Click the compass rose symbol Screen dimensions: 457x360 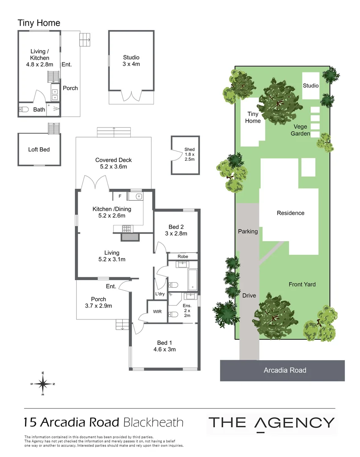43,384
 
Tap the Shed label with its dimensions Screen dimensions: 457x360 189,154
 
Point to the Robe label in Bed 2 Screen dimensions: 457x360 183,256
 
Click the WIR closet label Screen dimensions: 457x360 157,311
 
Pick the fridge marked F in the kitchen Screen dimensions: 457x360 120,196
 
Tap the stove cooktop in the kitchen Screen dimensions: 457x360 127,229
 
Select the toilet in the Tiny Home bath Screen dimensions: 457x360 24,110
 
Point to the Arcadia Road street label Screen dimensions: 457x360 285,370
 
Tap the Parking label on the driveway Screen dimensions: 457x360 247,231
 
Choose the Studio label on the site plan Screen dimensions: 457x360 311,86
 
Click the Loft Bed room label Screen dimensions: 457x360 39,149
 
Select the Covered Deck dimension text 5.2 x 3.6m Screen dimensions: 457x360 113,167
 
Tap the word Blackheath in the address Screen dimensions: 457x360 154,422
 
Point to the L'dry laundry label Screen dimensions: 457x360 160,294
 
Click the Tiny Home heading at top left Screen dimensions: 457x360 39,23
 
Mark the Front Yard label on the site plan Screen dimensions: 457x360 302,284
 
